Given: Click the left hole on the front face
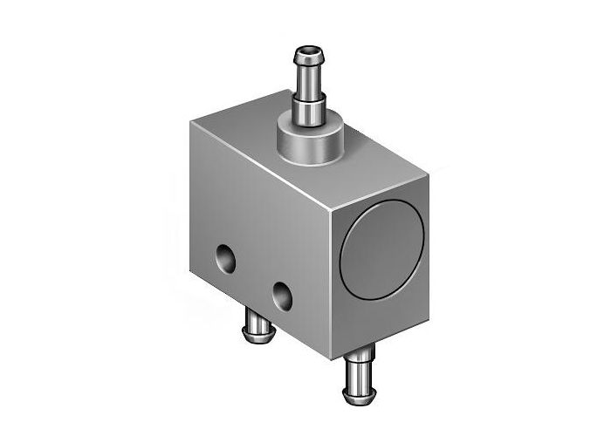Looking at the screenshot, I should (225, 258).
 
